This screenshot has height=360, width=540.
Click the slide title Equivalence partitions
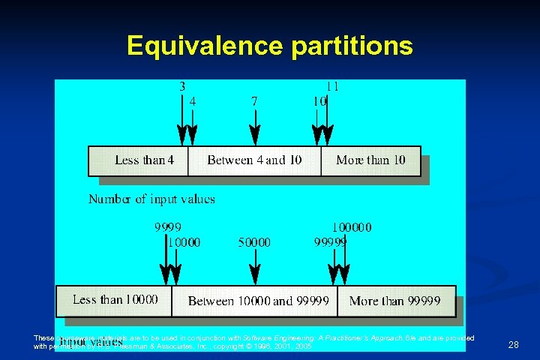point(270,46)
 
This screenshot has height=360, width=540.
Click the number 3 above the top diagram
point(182,86)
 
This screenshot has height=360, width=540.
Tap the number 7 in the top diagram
point(255,100)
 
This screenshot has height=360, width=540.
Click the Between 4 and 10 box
point(255,160)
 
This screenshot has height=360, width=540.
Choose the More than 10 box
point(370,160)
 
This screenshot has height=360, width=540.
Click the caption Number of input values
point(151,199)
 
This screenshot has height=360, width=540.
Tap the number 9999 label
point(168,227)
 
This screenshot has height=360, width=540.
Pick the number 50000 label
point(254,242)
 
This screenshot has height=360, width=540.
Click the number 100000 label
point(352,227)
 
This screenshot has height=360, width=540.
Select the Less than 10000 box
point(115,300)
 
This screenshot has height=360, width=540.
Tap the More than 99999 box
point(395,301)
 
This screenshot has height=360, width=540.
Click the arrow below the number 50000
point(255,267)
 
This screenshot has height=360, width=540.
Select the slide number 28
point(514,345)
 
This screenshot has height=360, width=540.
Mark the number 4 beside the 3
point(193,100)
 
